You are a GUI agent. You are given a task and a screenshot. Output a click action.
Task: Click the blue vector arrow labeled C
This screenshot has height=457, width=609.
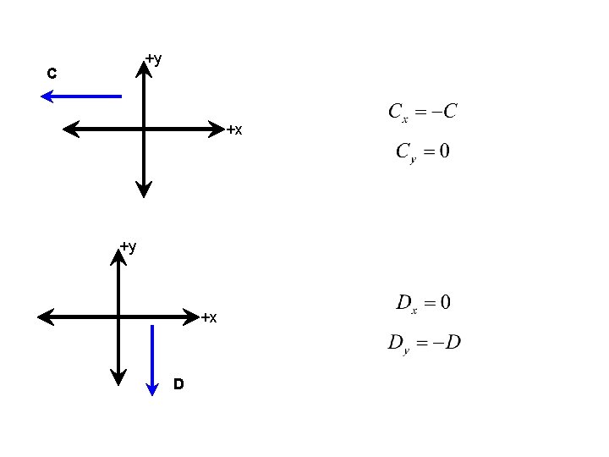[x=82, y=96]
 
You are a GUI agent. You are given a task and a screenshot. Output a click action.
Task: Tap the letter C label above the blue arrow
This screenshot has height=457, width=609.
[x=52, y=74]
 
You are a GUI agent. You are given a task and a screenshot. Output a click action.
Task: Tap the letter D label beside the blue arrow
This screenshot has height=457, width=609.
[x=178, y=384]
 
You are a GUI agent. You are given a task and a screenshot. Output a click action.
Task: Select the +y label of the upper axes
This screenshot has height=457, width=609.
[x=154, y=58]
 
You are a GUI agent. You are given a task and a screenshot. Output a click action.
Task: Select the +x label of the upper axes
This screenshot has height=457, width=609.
[x=234, y=129]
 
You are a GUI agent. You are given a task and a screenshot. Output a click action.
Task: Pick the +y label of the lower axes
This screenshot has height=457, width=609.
[x=129, y=246]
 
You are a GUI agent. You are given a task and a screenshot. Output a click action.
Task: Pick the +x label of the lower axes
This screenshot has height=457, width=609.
[x=209, y=317]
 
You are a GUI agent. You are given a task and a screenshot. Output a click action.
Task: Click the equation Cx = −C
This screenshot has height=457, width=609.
[x=422, y=112]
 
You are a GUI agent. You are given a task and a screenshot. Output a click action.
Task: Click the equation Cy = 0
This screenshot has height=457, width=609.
[x=422, y=152]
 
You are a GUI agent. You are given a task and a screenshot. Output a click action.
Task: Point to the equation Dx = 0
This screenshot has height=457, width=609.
[x=423, y=302]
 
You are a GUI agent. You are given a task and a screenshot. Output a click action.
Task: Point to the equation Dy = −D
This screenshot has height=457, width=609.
[x=423, y=343]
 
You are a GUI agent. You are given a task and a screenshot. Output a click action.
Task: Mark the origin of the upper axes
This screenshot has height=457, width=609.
[x=145, y=129]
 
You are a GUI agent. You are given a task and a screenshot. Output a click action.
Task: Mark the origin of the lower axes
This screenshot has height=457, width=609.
[x=118, y=317]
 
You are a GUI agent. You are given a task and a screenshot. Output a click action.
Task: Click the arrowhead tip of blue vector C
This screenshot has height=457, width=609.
[x=42, y=96]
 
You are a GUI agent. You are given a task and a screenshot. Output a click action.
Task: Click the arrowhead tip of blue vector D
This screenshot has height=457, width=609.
[x=152, y=394]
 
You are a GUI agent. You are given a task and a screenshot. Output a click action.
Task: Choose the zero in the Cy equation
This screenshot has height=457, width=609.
[x=443, y=151]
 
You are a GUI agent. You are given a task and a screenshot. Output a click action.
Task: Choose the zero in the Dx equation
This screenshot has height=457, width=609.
[x=444, y=301]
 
